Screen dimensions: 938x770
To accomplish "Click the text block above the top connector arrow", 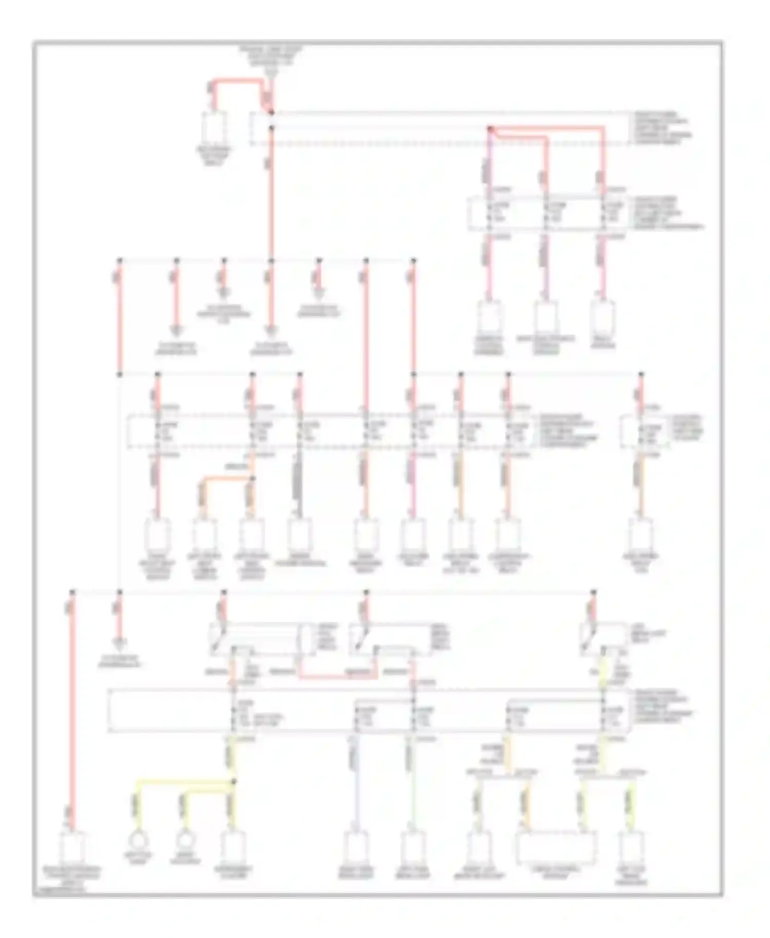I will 271,56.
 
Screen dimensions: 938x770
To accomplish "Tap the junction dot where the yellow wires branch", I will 234,781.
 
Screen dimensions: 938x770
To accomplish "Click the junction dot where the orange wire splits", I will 253,478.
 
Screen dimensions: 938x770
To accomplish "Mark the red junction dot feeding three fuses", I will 490,129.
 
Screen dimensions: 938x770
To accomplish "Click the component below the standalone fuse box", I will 641,535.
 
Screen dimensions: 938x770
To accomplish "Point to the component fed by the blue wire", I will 355,849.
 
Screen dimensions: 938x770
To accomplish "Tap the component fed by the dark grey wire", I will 300,535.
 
